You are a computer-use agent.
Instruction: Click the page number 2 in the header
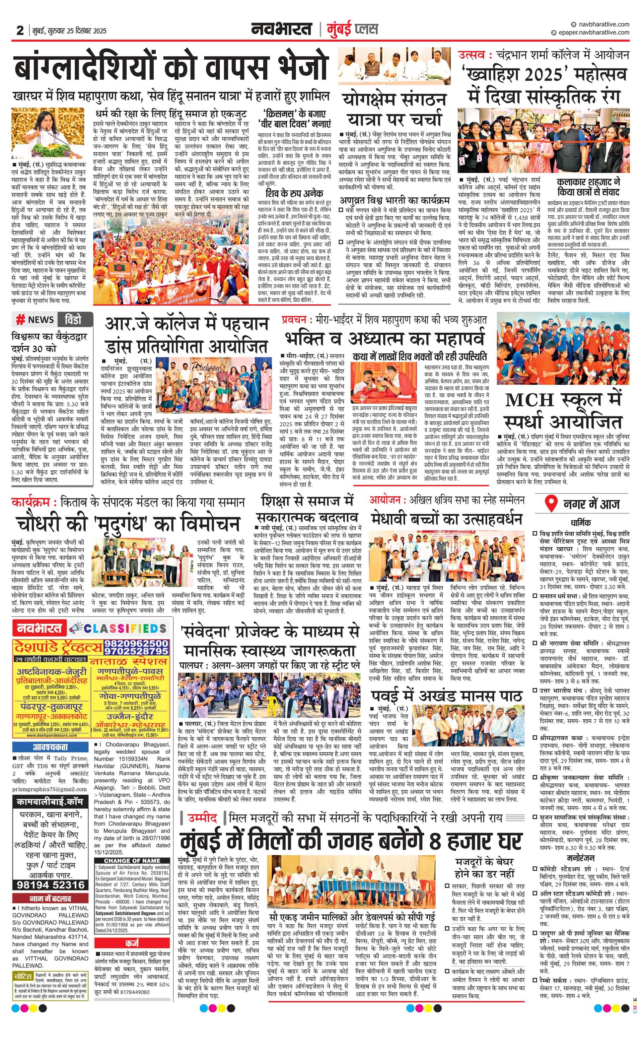[x=20, y=30]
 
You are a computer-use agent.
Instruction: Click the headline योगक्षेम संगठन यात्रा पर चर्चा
[x=394, y=110]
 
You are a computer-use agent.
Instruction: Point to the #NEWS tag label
[x=35, y=319]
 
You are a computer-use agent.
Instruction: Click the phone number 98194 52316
[x=51, y=885]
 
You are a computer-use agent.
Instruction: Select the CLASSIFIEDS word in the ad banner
[x=125, y=628]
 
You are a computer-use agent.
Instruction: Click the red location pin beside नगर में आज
[x=552, y=504]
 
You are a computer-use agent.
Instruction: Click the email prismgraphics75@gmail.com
[x=49, y=789]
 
